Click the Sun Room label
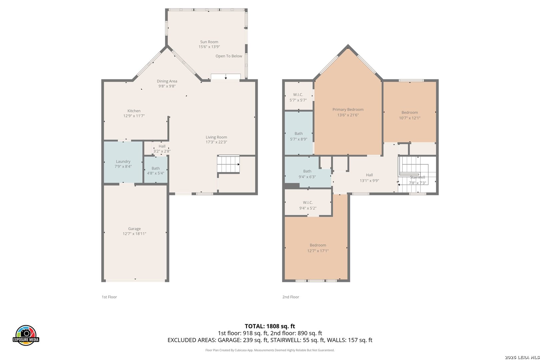coord(209,42)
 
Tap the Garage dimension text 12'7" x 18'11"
coord(134,234)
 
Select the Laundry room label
coord(123,162)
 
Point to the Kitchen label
coord(134,111)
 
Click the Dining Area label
coord(167,81)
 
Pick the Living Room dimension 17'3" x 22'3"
coord(216,142)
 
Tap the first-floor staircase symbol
coord(228,164)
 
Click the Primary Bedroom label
coord(348,109)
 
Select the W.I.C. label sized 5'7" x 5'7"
coord(298,95)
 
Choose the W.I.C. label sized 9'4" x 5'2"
coord(308,203)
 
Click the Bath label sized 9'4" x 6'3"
coord(307,171)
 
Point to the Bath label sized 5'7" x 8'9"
coord(298,134)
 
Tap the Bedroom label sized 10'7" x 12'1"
coord(410,113)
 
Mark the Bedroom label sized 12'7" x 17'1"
coord(318,245)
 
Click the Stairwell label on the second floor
coord(417,177)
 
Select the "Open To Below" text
coord(229,56)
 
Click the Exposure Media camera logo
coord(26,335)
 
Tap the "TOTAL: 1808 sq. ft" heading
coord(270,326)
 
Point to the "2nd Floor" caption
coord(291,297)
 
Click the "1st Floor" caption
coord(109,297)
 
